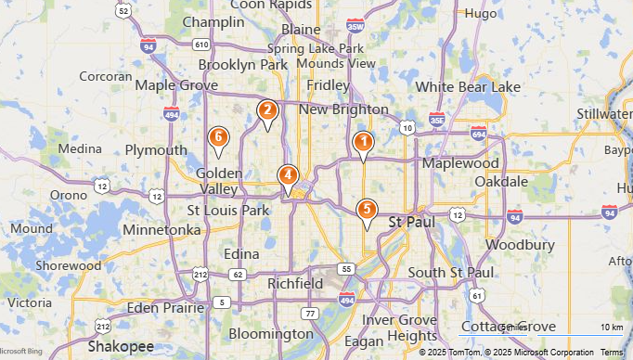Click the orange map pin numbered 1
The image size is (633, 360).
(363, 142)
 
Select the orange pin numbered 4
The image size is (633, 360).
(289, 174)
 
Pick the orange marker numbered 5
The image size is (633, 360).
(368, 210)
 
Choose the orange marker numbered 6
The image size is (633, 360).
(218, 138)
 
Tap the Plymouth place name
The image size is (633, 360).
(156, 150)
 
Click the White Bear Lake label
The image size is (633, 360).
(468, 87)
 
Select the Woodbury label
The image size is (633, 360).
(507, 246)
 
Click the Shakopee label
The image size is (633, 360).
(121, 346)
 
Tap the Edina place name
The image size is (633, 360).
(241, 254)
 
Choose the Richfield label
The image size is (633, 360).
(295, 283)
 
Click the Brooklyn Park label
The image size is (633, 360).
(244, 65)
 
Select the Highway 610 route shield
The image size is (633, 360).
(201, 44)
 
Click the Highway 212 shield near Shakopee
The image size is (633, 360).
(102, 326)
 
